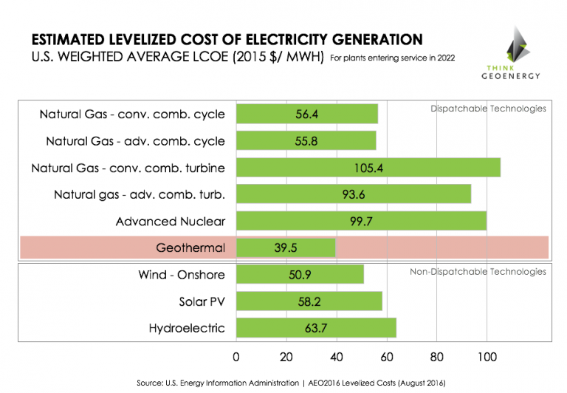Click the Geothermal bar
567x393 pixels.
[286, 247]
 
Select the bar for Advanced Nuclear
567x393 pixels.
[361, 221]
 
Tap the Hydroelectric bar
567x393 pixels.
[316, 327]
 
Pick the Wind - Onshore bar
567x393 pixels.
[300, 274]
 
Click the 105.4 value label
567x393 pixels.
[368, 168]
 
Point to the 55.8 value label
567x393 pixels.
[306, 140]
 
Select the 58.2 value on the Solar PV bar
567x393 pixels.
[309, 301]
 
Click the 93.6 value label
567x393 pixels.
[353, 195]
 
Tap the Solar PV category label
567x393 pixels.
[202, 301]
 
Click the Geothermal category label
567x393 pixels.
[190, 248]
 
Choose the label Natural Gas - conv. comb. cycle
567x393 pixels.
[132, 115]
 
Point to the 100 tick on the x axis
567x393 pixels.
[486, 358]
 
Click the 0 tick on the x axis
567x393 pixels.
[236, 358]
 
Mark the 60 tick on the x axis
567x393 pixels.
[386, 358]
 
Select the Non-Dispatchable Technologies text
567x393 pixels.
[478, 272]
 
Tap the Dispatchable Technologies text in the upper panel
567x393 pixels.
[488, 109]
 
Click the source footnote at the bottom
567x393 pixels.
[291, 383]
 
